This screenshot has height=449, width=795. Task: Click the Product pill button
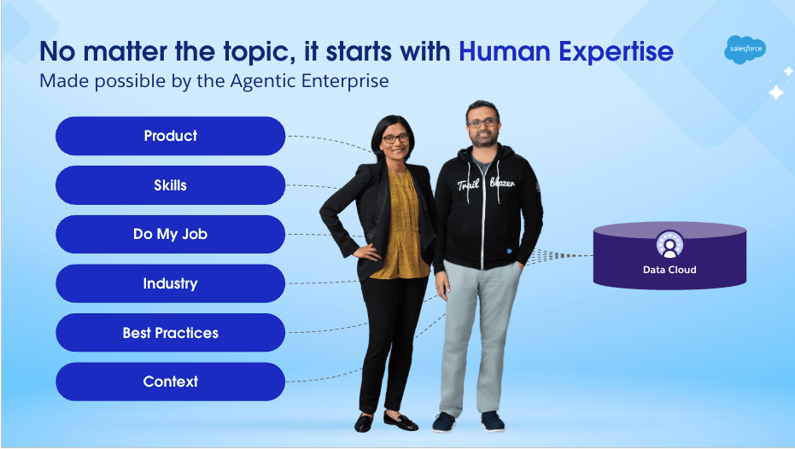point(171,136)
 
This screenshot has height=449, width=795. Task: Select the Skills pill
point(171,185)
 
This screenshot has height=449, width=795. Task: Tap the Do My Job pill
point(171,234)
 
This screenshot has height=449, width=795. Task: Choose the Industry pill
point(171,283)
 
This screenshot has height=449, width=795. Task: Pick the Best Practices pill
point(171,332)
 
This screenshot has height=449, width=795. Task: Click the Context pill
point(171,382)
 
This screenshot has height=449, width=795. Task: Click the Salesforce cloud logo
point(745,50)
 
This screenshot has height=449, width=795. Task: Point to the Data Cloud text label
point(669,270)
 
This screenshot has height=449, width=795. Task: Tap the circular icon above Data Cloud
point(669,245)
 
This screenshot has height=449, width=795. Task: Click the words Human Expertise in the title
point(566,51)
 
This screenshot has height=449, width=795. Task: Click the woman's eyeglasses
point(395,137)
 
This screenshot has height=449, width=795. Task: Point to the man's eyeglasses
point(482,123)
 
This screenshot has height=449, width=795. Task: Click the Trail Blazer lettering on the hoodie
point(486,184)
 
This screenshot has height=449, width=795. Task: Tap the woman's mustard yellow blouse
point(402,226)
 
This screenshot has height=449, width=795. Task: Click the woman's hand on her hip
point(367,252)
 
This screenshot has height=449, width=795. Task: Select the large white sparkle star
point(775,93)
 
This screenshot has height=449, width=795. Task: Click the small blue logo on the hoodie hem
point(510,250)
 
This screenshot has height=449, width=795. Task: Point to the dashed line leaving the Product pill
point(330,142)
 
